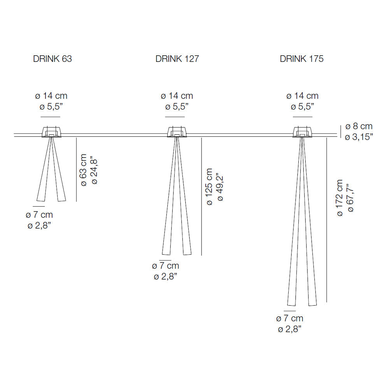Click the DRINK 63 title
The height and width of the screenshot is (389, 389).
[53, 59]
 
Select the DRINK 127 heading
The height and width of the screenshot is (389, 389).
[177, 59]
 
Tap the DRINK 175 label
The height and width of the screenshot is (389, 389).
[302, 59]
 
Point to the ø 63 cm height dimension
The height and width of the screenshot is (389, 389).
[84, 170]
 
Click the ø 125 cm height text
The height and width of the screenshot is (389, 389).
[209, 187]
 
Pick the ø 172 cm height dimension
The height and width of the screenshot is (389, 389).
[340, 198]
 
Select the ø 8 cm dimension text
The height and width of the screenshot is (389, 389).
[359, 126]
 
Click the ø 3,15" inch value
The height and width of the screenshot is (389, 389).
[359, 137]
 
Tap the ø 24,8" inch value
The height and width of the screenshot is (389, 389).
[95, 170]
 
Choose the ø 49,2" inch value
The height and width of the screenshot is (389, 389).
[220, 187]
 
